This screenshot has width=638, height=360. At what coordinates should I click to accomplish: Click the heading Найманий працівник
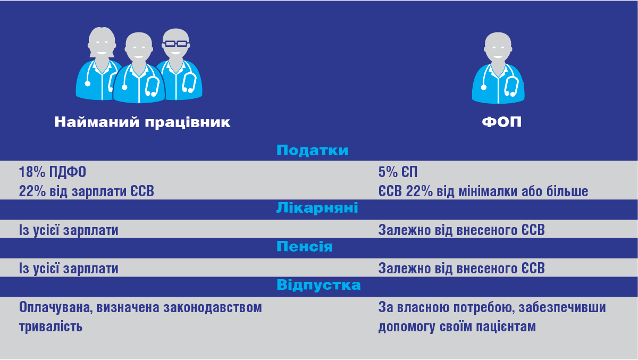point(142,122)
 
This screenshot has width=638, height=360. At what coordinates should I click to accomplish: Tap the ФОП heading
point(501,122)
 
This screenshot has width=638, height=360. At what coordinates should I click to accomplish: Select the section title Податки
point(312,150)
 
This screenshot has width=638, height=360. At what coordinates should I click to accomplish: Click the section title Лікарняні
point(317,207)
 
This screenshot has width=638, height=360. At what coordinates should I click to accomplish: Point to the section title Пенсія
point(305,246)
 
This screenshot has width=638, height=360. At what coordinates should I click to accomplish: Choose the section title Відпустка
point(318,285)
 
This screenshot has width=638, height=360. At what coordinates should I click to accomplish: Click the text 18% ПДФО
point(53,172)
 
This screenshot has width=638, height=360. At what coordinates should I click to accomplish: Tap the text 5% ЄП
point(398,172)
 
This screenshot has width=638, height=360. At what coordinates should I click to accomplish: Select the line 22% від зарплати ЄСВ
point(86,191)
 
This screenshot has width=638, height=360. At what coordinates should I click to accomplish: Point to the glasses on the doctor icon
point(176,44)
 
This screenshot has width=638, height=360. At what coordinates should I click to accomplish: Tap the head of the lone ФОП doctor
point(498,46)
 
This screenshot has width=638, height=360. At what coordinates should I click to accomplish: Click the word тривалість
point(51,326)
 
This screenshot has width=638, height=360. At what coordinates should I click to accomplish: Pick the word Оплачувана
point(56,308)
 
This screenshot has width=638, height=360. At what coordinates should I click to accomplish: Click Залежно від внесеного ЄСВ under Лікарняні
point(461,230)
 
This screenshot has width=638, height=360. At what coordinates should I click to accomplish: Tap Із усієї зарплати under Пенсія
point(69,269)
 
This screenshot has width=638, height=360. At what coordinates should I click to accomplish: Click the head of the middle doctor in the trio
point(139,46)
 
